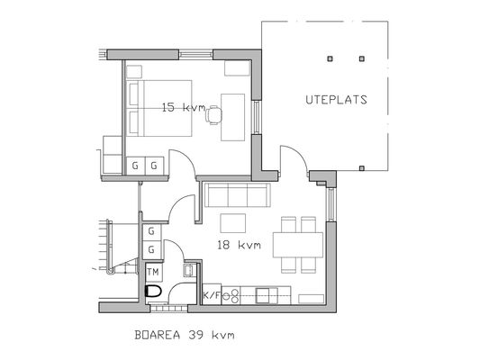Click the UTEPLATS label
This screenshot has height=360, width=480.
[x=336, y=100]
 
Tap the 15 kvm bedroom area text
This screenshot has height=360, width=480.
[x=184, y=107]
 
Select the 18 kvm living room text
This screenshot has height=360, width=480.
[x=239, y=245]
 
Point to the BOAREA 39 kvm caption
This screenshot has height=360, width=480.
[x=185, y=335]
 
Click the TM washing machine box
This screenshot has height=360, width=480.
[x=154, y=272]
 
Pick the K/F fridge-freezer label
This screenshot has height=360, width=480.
[x=212, y=295]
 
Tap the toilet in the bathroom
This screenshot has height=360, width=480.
[x=153, y=292]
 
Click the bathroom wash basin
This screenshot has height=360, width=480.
[x=189, y=270]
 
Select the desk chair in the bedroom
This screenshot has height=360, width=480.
[x=213, y=115]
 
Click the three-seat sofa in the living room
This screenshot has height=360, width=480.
[x=237, y=195]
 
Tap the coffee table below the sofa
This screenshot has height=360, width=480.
[x=233, y=223]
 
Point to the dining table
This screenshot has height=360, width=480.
[x=298, y=245]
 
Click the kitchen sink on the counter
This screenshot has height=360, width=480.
[x=264, y=295]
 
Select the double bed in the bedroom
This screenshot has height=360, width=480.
[x=159, y=108]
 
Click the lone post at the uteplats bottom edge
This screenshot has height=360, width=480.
[x=362, y=167]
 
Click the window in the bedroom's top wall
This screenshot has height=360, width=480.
[x=196, y=55]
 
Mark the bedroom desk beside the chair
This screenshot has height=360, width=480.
[x=233, y=117]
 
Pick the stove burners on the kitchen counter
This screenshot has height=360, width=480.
[x=232, y=296]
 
